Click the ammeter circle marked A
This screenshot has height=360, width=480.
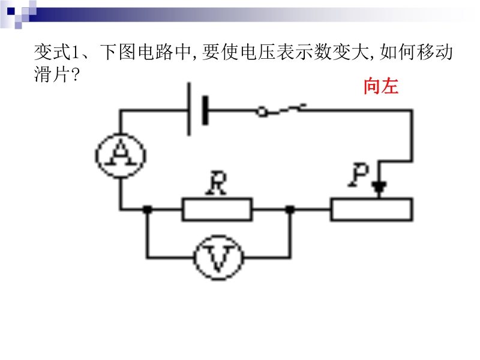click(120, 155)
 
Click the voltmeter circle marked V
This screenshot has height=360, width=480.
click(218, 258)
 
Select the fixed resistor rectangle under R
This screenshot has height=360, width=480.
click(217, 210)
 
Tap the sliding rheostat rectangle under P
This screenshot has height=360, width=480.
click(371, 209)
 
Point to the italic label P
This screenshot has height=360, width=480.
click(362, 175)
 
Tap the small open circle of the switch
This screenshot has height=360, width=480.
click(262, 111)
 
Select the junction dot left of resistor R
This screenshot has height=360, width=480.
click(147, 210)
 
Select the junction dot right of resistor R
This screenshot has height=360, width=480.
click(290, 210)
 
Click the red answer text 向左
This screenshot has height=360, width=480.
click(380, 87)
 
